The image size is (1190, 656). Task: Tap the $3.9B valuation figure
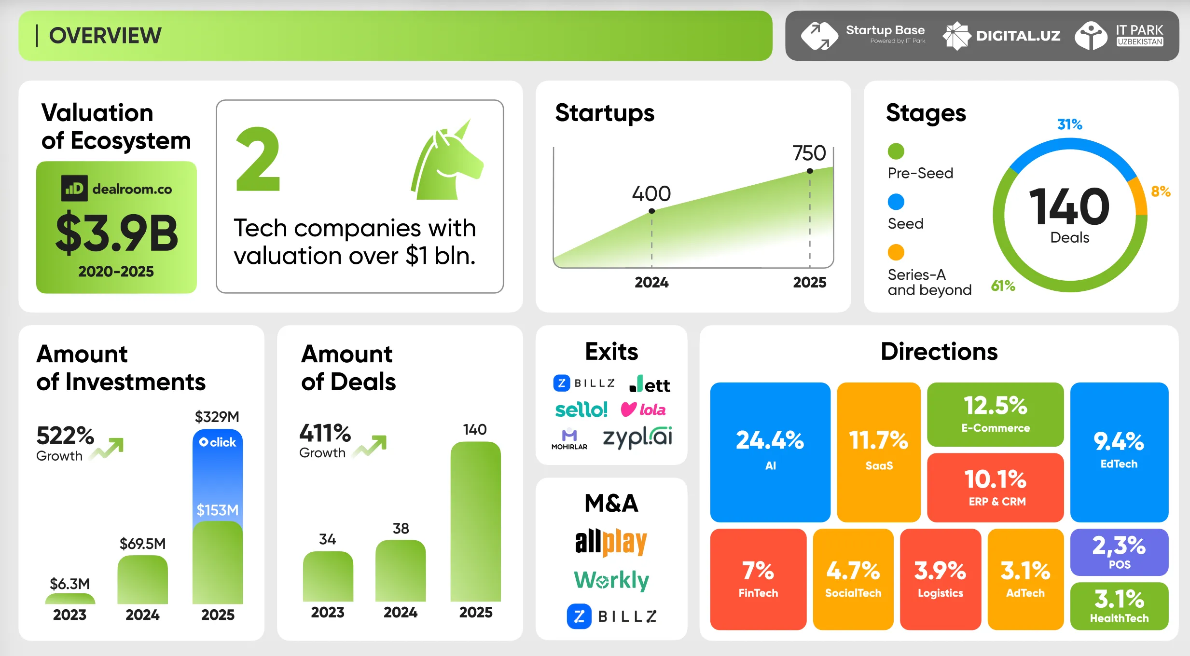[x=117, y=233]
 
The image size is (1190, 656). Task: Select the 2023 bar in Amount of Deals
[x=328, y=576]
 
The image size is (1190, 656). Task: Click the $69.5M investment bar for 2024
[x=142, y=579]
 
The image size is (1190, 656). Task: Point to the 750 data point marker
[x=810, y=171]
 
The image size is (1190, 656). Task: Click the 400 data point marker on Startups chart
[x=651, y=211]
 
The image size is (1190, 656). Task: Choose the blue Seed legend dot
[x=896, y=202]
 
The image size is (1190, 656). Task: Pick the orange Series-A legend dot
[x=896, y=252]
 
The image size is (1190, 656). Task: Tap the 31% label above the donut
[x=1069, y=124]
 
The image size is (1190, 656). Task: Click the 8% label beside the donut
[x=1160, y=191]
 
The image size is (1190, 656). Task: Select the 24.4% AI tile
[x=770, y=451]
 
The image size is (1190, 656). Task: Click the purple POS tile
[x=1119, y=552]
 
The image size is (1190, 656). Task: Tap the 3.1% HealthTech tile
[x=1119, y=606]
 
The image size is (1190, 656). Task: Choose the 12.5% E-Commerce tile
[x=995, y=414]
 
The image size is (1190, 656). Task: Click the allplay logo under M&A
[x=611, y=542]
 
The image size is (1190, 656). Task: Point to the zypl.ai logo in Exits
[x=637, y=437]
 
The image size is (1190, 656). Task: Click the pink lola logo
[x=643, y=410]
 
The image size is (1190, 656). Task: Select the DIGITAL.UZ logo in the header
[x=1001, y=36]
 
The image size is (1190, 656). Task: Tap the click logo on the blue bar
[x=218, y=442]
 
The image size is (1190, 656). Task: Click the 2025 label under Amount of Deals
[x=476, y=612]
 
